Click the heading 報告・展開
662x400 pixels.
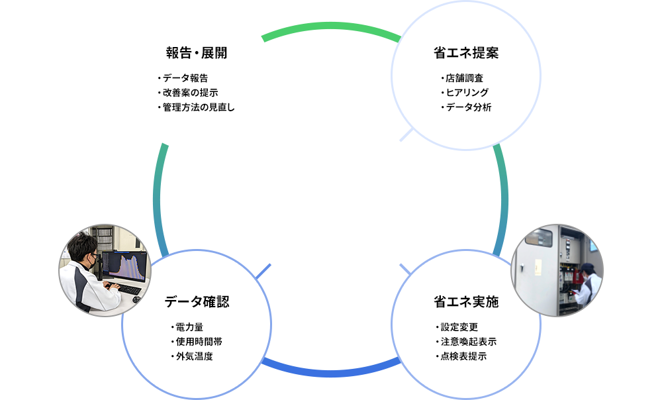tap(197, 53)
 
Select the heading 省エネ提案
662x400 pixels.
tap(465, 53)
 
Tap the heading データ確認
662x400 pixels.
tap(197, 302)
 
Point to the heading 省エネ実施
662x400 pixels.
tap(465, 302)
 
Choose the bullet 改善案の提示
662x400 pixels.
tap(190, 93)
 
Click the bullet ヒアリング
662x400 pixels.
tap(464, 93)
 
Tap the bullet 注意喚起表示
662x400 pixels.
tap(468, 342)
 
